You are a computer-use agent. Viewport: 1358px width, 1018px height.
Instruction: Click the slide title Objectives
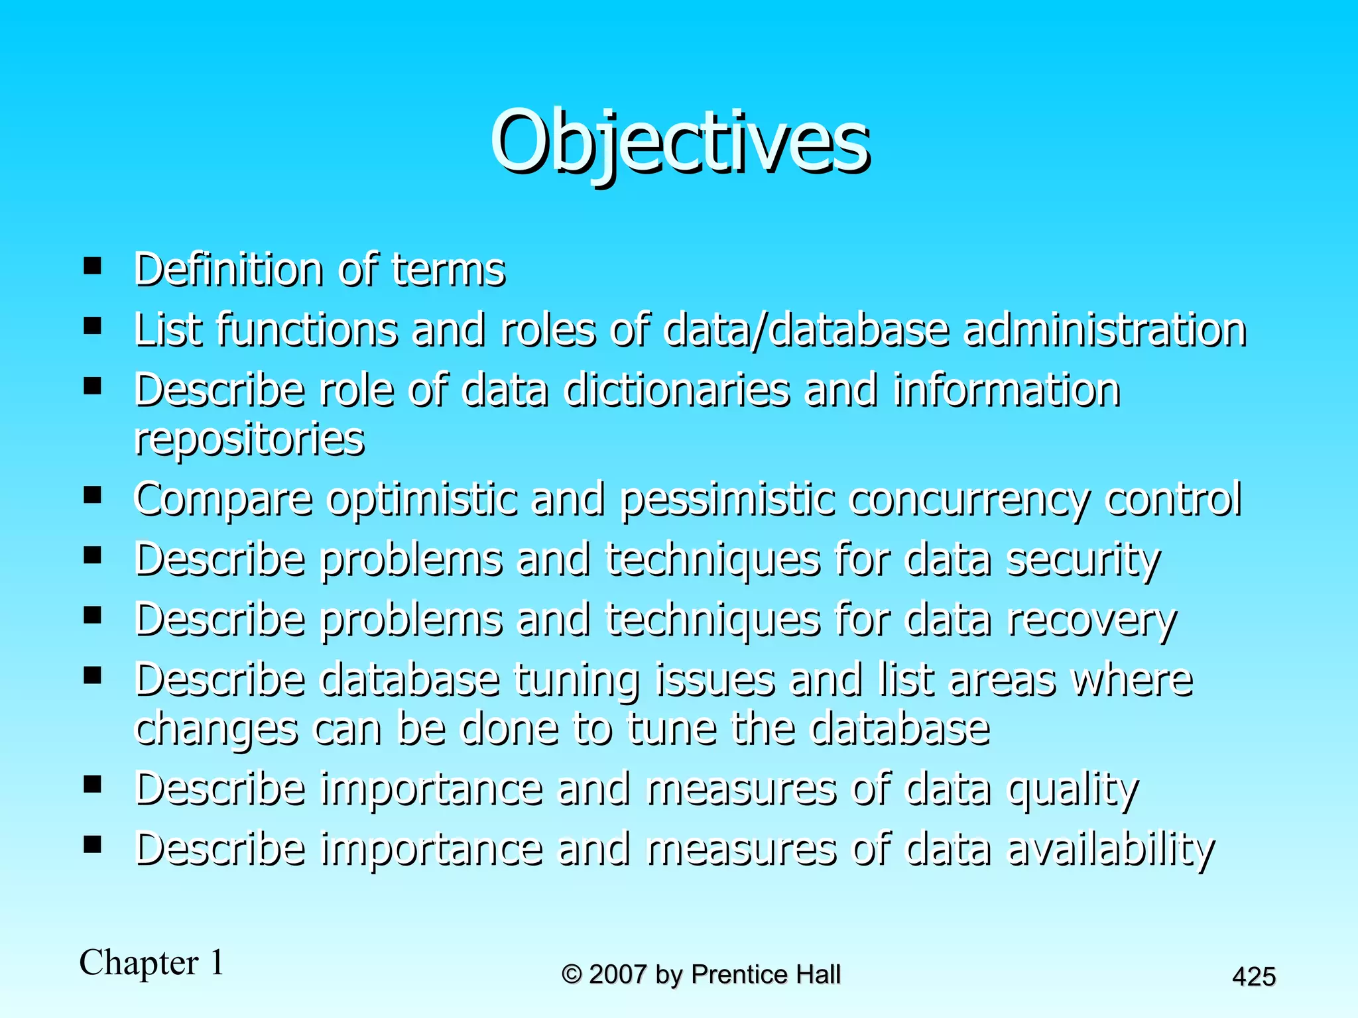pos(679,142)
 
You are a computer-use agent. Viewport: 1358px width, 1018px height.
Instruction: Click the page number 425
pos(1253,977)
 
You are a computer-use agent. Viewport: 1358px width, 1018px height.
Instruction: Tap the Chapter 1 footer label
pos(152,962)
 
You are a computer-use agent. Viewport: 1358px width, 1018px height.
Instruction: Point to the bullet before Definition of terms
pos(92,266)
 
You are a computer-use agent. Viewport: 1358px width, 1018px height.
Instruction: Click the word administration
pos(1104,330)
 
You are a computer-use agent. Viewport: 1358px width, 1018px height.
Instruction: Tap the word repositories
pos(249,439)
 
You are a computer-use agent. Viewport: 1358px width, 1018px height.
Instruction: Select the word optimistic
pos(422,500)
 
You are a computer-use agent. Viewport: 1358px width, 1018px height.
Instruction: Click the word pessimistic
pos(727,500)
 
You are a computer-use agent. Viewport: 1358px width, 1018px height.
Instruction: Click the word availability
pos(1111,850)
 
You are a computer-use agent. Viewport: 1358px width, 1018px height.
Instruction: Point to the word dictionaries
pos(676,390)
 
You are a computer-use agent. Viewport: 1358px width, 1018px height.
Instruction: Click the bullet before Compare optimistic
pos(92,495)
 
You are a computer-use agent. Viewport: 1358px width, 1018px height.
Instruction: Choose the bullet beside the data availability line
pos(92,844)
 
